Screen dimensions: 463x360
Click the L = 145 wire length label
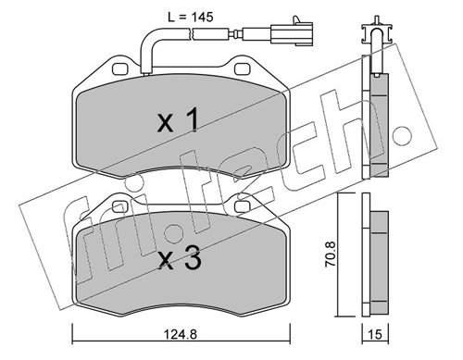[x=191, y=18]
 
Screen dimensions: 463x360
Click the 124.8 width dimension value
[x=181, y=334]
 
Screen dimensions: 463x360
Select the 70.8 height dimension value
[x=331, y=254]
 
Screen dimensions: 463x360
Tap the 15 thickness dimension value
[x=375, y=334]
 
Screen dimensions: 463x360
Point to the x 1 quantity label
[x=178, y=121]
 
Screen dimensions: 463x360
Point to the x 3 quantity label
[x=180, y=258]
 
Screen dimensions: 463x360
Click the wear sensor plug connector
[x=292, y=32]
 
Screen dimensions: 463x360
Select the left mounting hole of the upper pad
[x=120, y=69]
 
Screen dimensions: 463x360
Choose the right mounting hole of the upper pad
[x=242, y=69]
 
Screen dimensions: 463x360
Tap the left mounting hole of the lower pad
[x=120, y=207]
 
